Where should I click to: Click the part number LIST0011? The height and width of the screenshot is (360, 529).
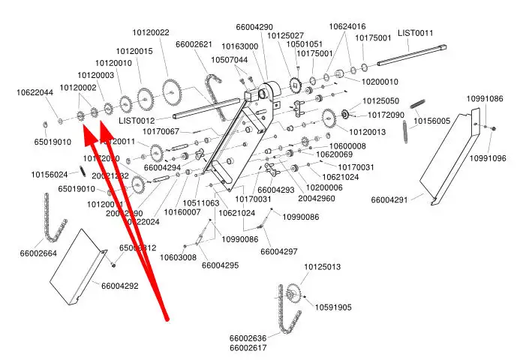pyautogui.click(x=415, y=33)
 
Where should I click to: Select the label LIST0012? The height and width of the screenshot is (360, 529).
pyautogui.click(x=137, y=121)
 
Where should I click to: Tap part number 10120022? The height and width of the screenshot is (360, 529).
pyautogui.click(x=152, y=32)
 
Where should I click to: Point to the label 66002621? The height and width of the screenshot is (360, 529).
pyautogui.click(x=194, y=44)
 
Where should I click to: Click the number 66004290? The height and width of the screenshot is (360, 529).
pyautogui.click(x=254, y=27)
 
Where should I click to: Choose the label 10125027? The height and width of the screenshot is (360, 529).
pyautogui.click(x=286, y=36)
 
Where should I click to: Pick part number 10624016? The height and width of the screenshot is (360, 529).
pyautogui.click(x=347, y=27)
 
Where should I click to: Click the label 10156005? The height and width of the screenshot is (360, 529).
pyautogui.click(x=432, y=121)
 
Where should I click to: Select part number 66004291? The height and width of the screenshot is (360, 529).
pyautogui.click(x=389, y=200)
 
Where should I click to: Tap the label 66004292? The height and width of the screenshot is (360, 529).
pyautogui.click(x=120, y=286)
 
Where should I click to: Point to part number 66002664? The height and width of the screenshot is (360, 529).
pyautogui.click(x=38, y=253)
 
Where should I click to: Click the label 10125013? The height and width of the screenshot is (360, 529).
pyautogui.click(x=322, y=267)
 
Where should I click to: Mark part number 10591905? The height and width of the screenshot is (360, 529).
pyautogui.click(x=333, y=307)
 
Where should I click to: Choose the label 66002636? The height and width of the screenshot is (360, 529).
pyautogui.click(x=248, y=338)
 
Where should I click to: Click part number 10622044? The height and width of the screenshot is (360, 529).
pyautogui.click(x=35, y=93)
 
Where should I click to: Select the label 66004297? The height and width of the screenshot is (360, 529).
pyautogui.click(x=279, y=251)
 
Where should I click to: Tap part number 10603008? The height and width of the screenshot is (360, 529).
pyautogui.click(x=178, y=257)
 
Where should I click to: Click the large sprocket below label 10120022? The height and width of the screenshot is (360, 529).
pyautogui.click(x=171, y=93)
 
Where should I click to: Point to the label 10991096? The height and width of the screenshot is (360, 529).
pyautogui.click(x=488, y=158)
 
